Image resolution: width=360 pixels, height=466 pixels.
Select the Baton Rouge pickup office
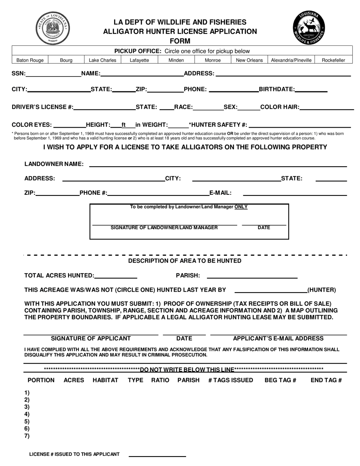click(30, 60)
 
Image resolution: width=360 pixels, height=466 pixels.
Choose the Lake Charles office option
click(102, 60)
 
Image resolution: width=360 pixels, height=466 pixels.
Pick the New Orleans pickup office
click(249, 60)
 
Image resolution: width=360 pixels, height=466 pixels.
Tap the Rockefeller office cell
click(333, 60)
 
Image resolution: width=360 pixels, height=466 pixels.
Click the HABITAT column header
click(105, 380)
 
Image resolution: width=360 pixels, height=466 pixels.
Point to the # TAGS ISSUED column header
click(230, 380)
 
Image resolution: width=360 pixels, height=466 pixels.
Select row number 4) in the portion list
click(27, 414)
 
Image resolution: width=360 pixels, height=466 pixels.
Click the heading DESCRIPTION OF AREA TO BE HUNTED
click(185, 261)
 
